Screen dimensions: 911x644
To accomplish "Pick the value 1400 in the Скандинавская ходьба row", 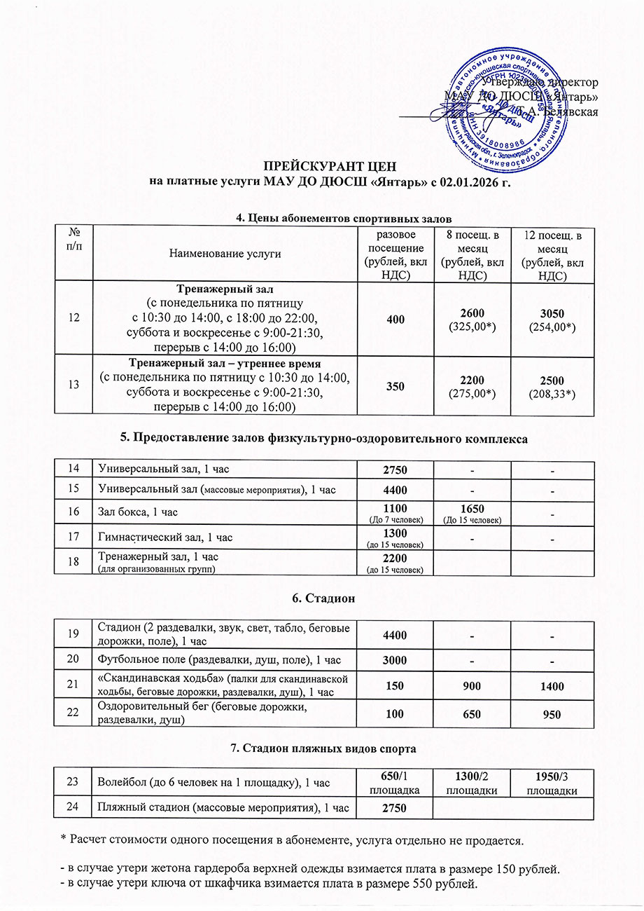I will point(552,687).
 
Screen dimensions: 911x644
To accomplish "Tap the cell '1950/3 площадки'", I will point(552,785).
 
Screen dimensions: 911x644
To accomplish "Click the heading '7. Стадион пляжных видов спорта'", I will point(323,749).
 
